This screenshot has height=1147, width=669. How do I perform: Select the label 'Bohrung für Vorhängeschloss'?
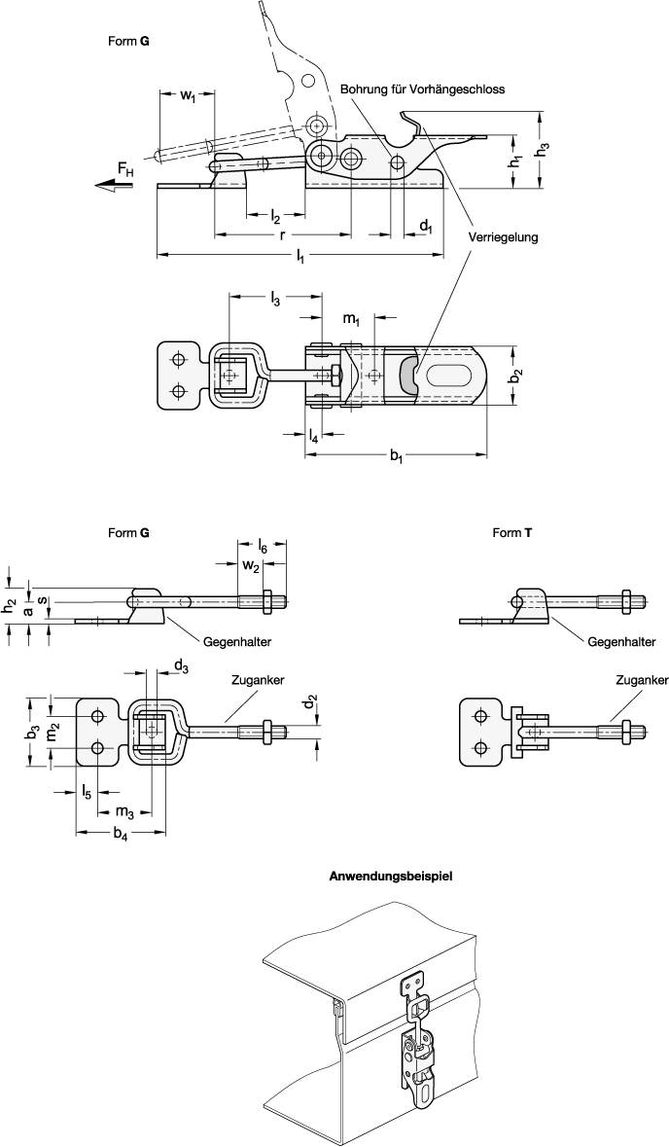click(422, 89)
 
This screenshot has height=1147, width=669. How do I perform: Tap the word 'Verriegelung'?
click(502, 236)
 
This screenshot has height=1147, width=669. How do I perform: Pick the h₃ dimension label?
click(545, 149)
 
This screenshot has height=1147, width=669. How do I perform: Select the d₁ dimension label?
click(426, 226)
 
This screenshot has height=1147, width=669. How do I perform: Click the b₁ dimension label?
click(397, 456)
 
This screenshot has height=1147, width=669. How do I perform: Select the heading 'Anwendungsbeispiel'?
click(392, 876)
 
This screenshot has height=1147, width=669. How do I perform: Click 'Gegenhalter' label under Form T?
click(621, 642)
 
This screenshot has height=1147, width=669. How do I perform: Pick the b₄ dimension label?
click(121, 836)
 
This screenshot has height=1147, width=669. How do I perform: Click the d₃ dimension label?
click(181, 666)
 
